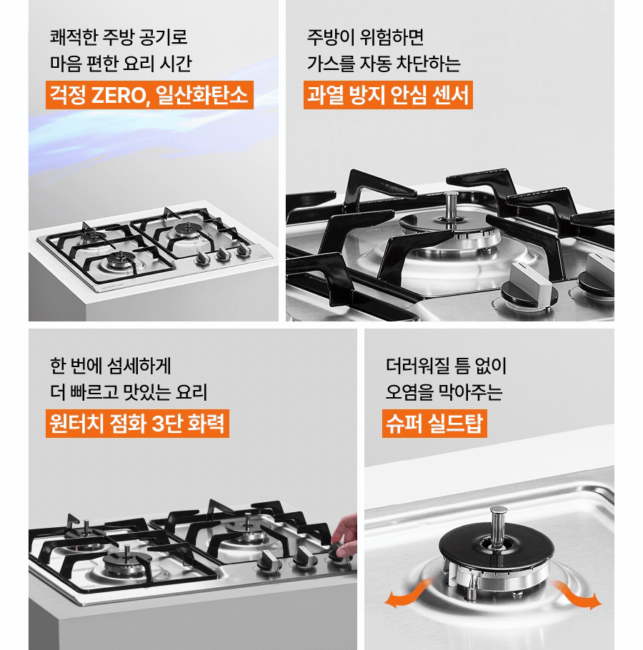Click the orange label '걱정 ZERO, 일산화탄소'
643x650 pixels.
point(149,95)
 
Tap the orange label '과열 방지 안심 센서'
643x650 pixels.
point(388,95)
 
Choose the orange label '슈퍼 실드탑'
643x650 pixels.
point(434,423)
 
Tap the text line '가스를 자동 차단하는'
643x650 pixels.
point(384,63)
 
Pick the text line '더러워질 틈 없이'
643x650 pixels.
point(445,366)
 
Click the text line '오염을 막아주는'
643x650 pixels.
point(444,392)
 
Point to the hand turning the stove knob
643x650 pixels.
point(344,533)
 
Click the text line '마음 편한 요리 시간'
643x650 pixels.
point(120,63)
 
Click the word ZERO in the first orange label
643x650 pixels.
point(117,95)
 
